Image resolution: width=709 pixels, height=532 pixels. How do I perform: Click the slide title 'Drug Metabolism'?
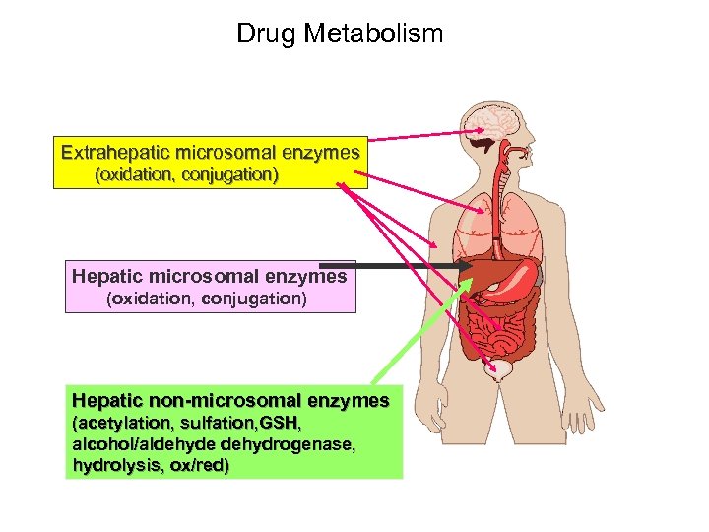click(x=340, y=33)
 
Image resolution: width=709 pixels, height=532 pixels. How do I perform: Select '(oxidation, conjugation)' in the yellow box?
click(x=186, y=175)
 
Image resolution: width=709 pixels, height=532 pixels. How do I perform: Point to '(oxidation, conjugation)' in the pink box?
click(x=206, y=298)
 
